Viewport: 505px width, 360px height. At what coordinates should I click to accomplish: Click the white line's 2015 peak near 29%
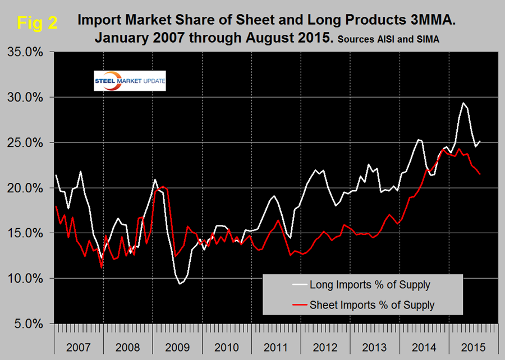(463, 103)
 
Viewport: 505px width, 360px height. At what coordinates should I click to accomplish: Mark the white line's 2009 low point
(180, 284)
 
